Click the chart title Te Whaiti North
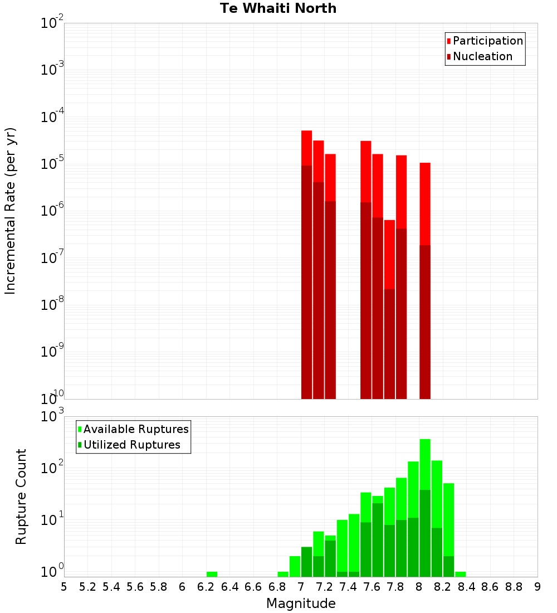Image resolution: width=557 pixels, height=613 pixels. pos(278,8)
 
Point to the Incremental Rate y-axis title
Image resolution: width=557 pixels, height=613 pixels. pos(11,211)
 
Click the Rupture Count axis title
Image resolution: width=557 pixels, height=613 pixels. pos(21,497)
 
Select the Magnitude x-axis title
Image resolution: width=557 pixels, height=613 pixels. pos(301,604)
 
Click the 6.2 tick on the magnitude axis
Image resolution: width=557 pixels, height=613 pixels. pos(206,587)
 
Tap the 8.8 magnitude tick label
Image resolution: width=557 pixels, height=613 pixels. pos(514,587)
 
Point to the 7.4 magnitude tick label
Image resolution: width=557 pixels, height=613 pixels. pos(348,587)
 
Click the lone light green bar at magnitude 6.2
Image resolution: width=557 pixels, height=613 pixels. pos(212,574)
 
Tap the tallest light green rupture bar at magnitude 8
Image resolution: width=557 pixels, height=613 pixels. pos(425,463)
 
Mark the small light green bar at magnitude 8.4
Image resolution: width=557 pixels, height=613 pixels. pos(461,574)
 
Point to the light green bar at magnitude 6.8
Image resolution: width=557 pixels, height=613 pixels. pos(283,574)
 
